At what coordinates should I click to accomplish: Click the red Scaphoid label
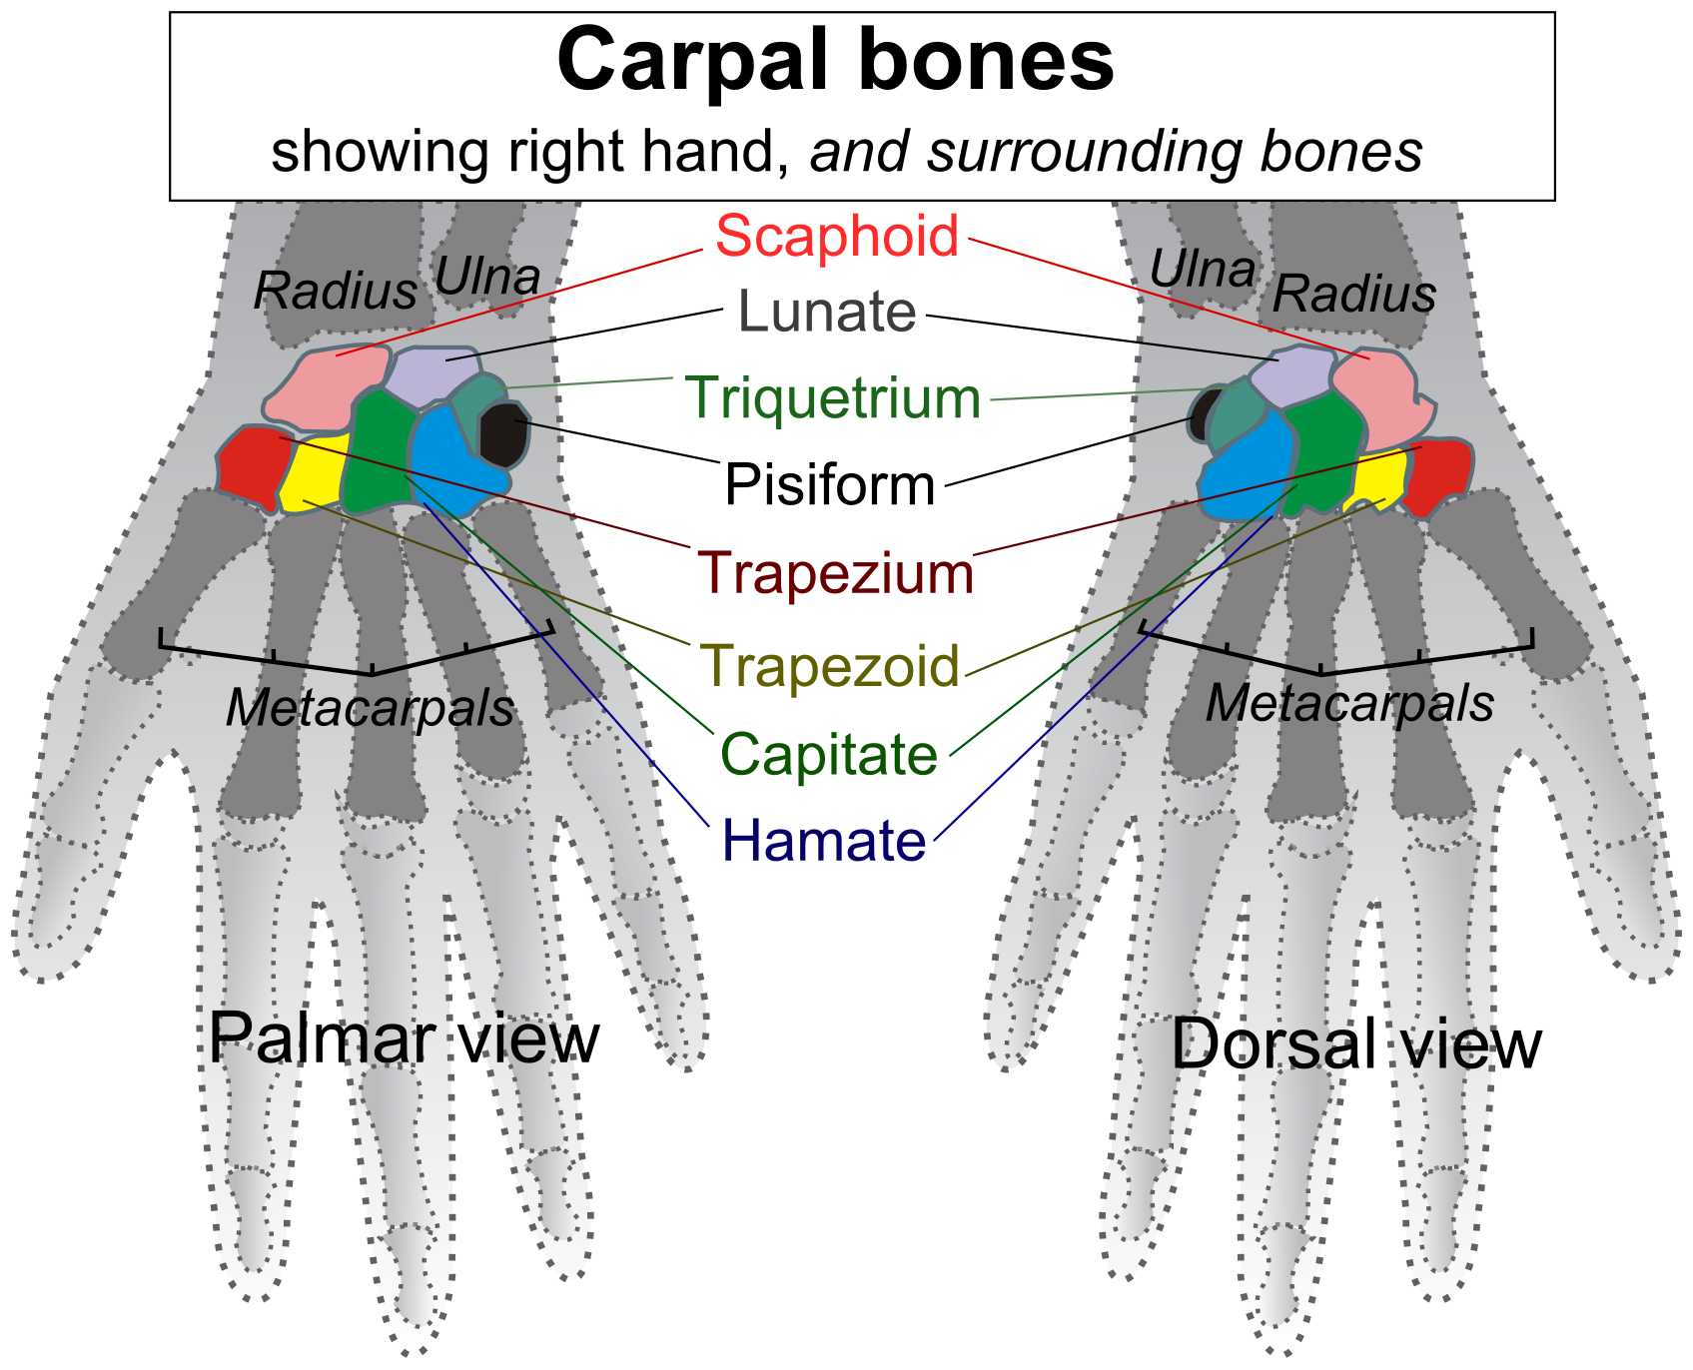pos(837,237)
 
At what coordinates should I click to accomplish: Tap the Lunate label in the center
pos(827,312)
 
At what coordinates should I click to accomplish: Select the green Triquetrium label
pos(833,397)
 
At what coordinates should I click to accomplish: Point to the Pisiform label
pos(830,485)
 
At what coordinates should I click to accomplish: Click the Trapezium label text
pos(835,573)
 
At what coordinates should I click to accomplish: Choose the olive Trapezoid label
pos(830,665)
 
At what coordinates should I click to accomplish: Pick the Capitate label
pos(829,754)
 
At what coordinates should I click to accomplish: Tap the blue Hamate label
pos(824,840)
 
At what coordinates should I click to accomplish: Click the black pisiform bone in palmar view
pos(501,433)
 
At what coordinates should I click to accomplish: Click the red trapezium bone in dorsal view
pos(1439,473)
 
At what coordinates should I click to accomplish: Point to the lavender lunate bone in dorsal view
pos(1291,377)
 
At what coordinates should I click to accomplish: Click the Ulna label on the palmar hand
pos(487,277)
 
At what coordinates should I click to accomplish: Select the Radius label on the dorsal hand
pos(1354,294)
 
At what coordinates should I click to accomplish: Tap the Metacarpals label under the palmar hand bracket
pos(370,708)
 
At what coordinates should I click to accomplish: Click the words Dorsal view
pos(1356,1043)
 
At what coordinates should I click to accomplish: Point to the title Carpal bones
pos(835,60)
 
